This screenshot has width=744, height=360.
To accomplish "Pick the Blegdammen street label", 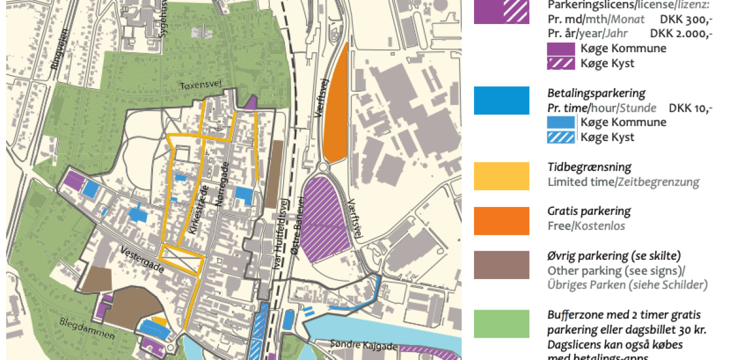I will [88, 329].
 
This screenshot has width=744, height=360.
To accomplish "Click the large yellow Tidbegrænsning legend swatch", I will [501, 176].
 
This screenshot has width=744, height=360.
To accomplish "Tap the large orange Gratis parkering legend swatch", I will [501, 221].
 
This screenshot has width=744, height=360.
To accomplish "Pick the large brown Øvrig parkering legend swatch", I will [501, 265].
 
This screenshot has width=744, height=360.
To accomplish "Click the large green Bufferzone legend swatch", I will [501, 324].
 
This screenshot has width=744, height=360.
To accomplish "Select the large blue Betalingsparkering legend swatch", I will [501, 100].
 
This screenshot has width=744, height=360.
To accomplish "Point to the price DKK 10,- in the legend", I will [691, 108].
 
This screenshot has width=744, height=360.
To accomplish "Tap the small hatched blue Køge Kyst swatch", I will [561, 137].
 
